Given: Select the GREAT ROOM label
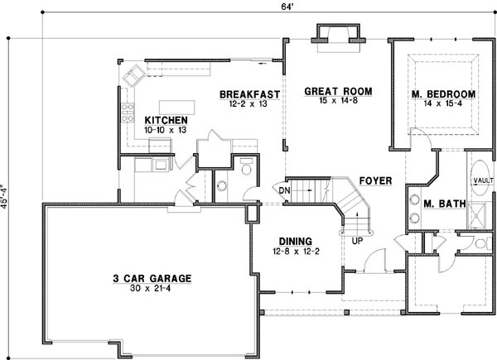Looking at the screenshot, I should coord(337,90).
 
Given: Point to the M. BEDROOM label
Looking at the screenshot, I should coord(444,95).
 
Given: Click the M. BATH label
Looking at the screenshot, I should coord(442,204).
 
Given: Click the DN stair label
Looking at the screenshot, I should coord(284,190).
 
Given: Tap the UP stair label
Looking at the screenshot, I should coord(358,241).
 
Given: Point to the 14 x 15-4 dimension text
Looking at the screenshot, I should coord(444,106).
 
